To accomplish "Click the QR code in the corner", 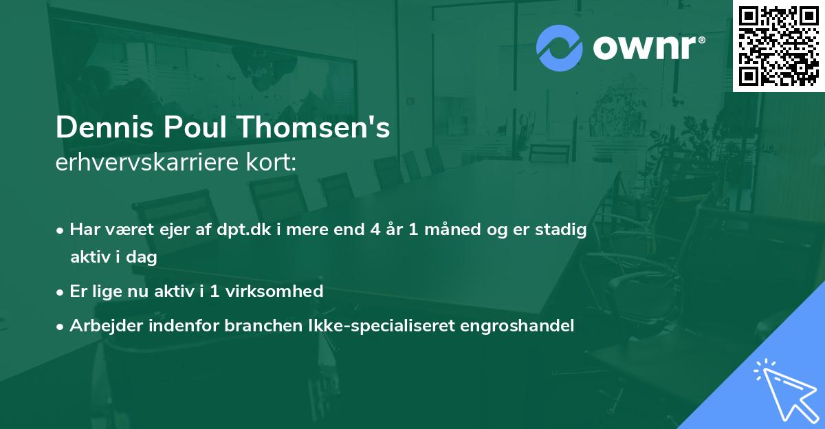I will point(778,46).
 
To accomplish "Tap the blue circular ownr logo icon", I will point(560,47).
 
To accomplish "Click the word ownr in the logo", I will point(648,48).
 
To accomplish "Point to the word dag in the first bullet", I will point(142,258).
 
